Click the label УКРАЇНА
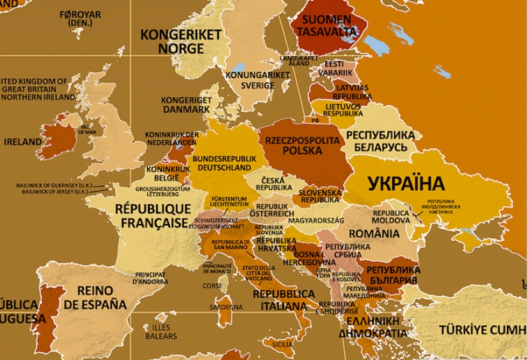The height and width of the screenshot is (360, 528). [406, 184]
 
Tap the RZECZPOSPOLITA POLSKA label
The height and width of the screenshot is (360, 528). [303, 145]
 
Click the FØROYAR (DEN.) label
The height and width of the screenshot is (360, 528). [80, 19]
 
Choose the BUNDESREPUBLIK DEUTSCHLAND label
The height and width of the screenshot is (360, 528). [224, 163]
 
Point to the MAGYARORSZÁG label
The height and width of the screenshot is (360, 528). [316, 220]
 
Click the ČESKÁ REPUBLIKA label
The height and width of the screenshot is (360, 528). [269, 184]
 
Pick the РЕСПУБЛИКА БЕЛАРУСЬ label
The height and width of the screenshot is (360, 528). [380, 142]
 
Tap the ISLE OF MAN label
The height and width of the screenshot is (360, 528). [88, 129]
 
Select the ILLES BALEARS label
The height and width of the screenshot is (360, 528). [161, 332]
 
